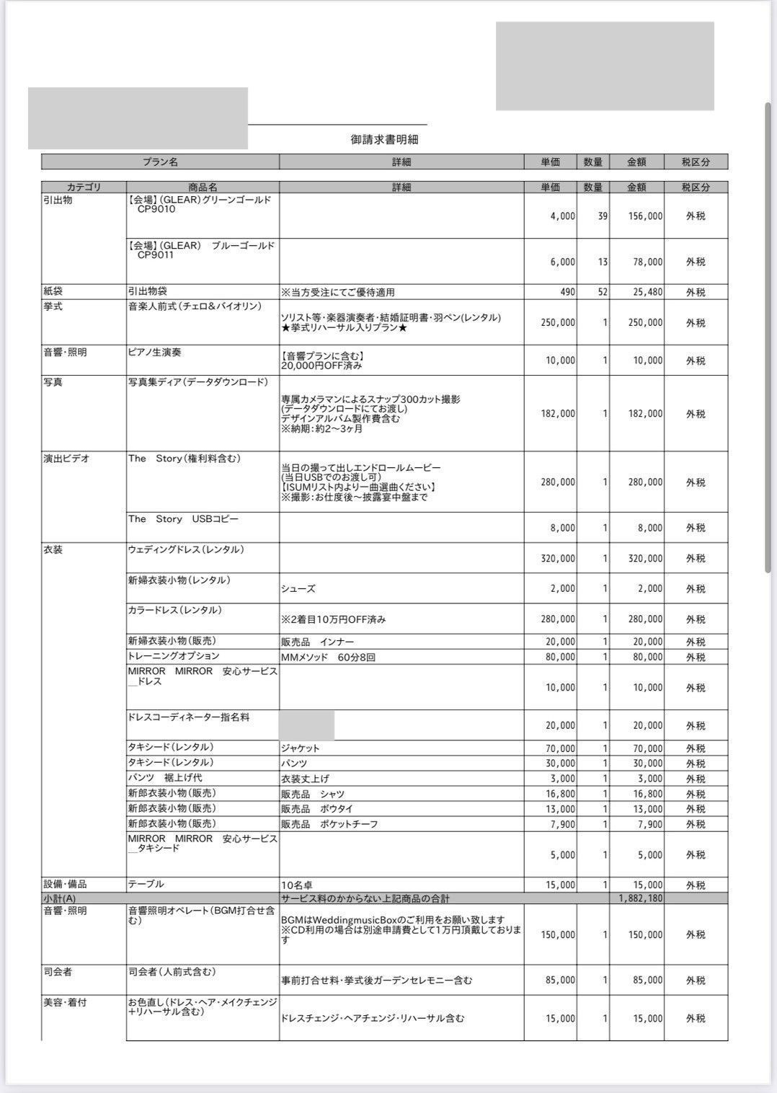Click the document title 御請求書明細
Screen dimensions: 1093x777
tap(384, 140)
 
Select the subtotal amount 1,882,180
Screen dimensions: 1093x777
tap(641, 898)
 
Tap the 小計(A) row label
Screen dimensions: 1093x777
tap(60, 898)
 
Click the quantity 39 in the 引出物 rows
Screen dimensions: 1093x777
tap(603, 216)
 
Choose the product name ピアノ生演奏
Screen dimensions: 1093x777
tap(159, 352)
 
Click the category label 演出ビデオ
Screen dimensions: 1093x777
tap(66, 459)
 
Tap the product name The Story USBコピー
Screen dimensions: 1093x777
tap(183, 519)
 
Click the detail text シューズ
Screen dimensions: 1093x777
tap(298, 589)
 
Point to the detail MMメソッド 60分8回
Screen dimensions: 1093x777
tap(328, 657)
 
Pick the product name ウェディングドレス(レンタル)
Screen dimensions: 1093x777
tap(186, 550)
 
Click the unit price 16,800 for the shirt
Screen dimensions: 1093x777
tap(561, 794)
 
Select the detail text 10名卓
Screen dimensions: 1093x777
tap(297, 885)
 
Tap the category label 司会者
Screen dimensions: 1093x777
tap(58, 972)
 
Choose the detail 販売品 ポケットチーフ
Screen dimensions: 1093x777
tap(329, 824)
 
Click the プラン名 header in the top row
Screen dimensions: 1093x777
tap(160, 162)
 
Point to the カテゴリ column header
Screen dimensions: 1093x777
tap(84, 187)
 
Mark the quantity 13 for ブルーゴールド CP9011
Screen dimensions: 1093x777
tap(603, 262)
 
